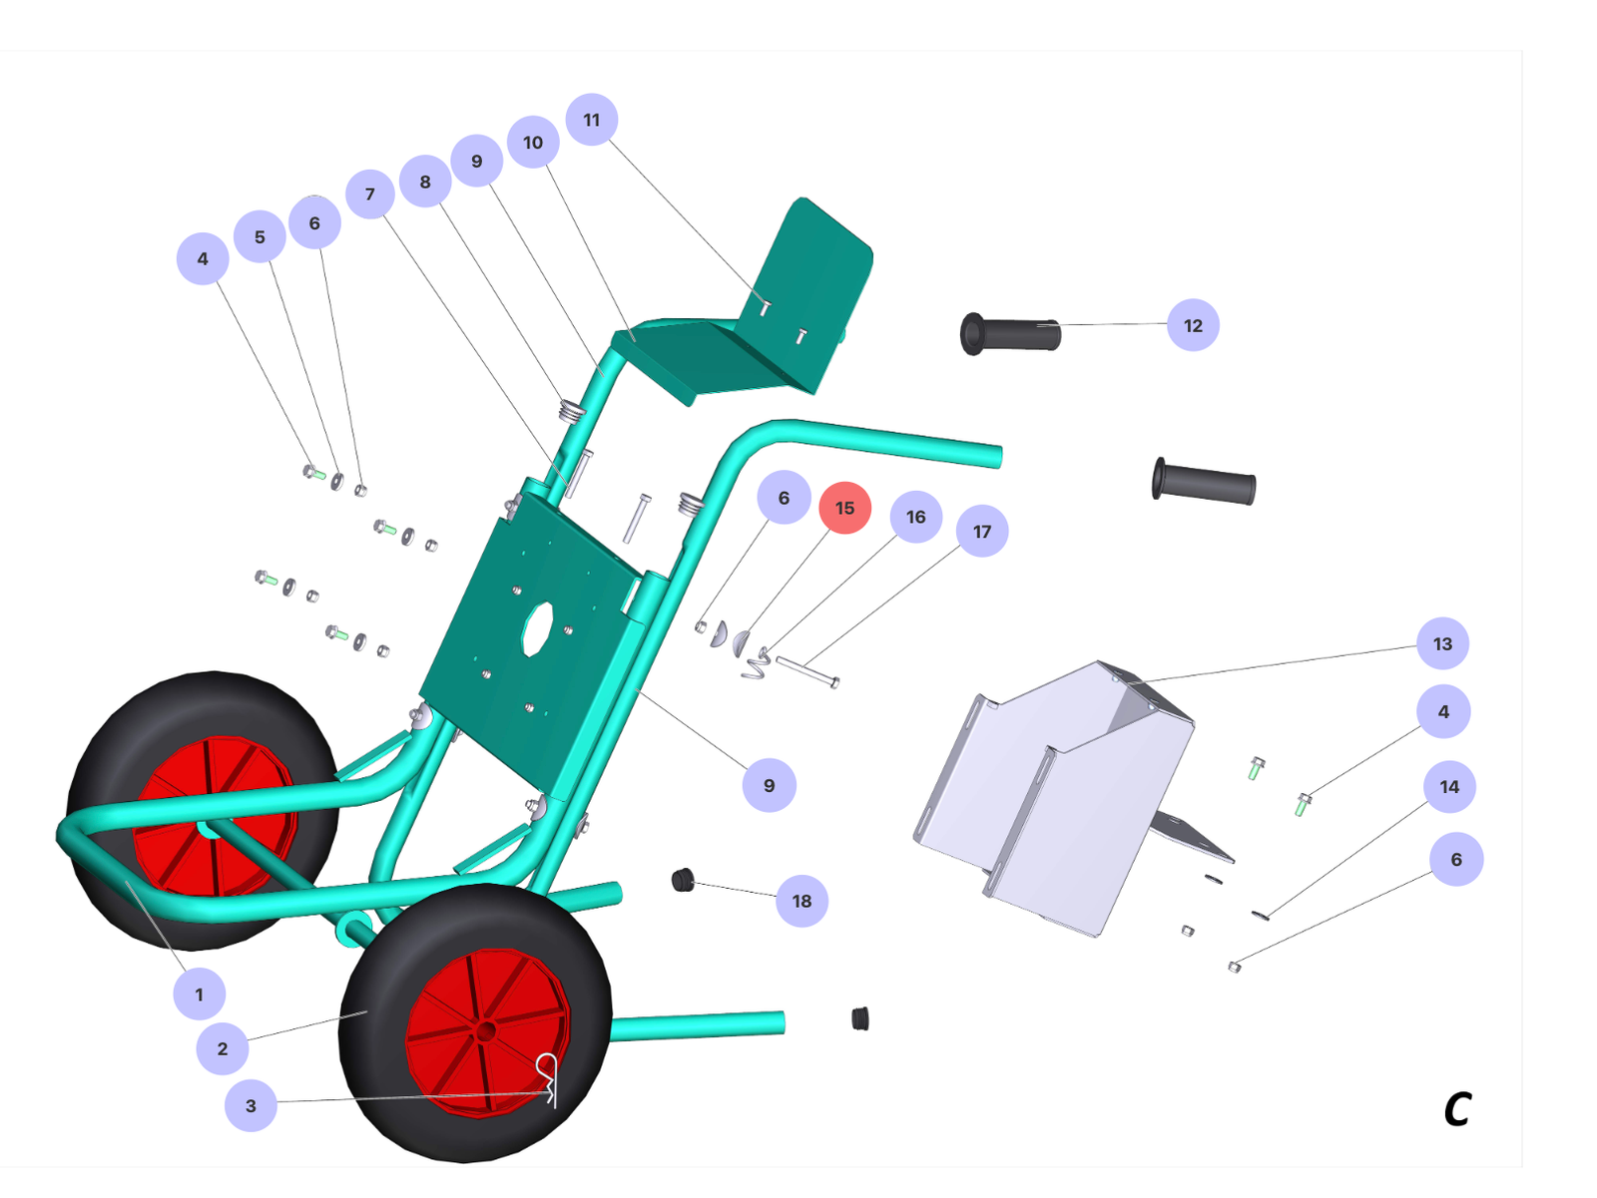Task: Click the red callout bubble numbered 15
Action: tap(844, 508)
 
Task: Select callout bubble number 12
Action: tap(1193, 325)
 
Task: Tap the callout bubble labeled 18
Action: tap(801, 901)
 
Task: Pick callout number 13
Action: tap(1442, 643)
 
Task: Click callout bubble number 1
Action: tap(199, 994)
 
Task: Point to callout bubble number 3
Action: tap(251, 1105)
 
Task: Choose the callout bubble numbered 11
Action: tap(591, 120)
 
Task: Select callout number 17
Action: tap(981, 532)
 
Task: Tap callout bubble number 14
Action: tap(1448, 787)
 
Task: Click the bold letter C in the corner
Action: tap(1456, 1109)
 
